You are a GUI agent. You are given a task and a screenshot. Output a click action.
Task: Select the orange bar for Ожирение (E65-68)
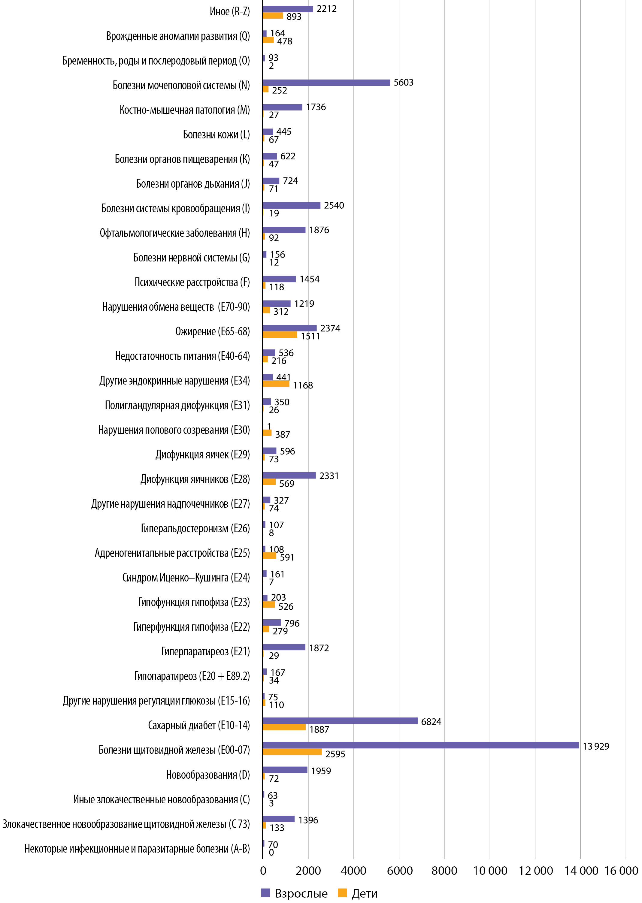280,335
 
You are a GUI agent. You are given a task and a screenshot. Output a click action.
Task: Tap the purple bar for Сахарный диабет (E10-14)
340,720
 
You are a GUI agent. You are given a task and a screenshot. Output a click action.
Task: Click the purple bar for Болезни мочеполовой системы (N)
326,83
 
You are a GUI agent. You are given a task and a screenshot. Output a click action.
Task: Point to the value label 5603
403,83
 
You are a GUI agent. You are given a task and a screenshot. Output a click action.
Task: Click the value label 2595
335,754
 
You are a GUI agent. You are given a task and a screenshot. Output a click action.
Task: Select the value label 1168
303,385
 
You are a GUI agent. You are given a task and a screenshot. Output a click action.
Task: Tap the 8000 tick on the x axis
444,871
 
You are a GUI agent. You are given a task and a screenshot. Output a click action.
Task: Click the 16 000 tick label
621,871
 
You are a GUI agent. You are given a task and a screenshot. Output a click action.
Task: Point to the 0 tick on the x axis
263,871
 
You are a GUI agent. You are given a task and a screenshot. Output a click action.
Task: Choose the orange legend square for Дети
342,893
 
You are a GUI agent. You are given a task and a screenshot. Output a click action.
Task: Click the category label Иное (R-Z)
230,12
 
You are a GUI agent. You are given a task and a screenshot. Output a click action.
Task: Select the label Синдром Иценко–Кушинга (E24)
186,578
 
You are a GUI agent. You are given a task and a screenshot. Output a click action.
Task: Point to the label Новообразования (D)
207,775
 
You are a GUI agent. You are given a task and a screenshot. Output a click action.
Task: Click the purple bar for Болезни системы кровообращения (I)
291,206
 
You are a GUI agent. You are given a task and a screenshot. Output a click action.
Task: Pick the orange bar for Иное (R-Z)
272,16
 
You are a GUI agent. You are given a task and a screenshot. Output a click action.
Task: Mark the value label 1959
321,771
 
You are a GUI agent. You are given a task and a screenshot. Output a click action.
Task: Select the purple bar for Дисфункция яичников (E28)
289,476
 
